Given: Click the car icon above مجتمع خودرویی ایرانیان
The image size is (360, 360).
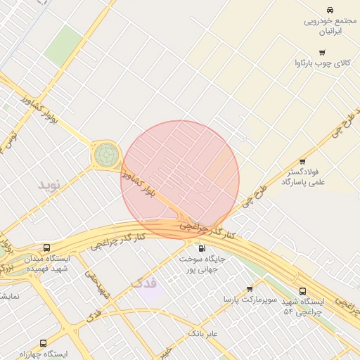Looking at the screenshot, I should [330, 10].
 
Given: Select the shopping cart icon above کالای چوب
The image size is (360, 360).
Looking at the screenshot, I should [322, 53].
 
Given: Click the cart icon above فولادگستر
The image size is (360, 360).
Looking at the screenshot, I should [302, 161].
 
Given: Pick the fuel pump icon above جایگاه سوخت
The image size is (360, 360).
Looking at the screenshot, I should [202, 248].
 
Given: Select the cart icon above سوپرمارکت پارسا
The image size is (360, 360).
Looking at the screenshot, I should [250, 288].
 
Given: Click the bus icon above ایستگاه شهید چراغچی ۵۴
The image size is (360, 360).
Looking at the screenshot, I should [302, 290].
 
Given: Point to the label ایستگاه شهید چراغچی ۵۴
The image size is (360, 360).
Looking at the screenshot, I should [302, 306].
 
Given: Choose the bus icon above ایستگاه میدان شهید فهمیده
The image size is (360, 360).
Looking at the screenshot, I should [47, 247].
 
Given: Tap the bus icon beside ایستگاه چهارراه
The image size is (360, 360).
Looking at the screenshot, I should [44, 344].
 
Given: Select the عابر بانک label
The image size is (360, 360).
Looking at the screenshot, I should [203, 333].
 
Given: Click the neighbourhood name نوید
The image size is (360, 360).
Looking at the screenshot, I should [51, 186].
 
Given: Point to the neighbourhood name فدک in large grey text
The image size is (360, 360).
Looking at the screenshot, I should [143, 283].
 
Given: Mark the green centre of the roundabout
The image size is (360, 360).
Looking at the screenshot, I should [106, 153].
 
